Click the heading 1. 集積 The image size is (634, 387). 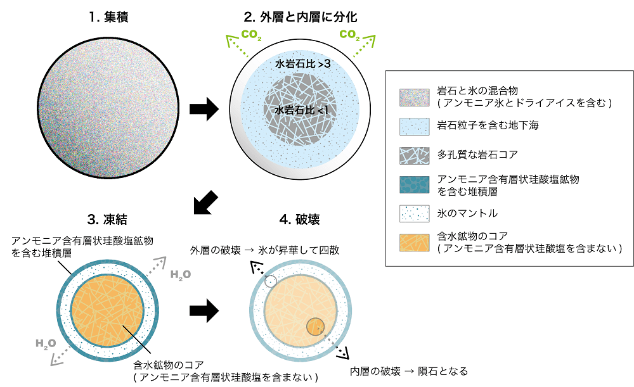tap(108, 17)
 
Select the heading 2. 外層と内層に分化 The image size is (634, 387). tap(300, 17)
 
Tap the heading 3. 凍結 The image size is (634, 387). tap(107, 219)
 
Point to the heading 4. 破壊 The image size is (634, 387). tap(300, 219)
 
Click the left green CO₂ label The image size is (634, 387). tap(251, 35)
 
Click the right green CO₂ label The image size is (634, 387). tap(349, 35)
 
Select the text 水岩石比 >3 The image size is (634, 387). tap(303, 64)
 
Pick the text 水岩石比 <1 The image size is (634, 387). tap(301, 110)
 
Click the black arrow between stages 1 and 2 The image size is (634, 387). tap(204, 109)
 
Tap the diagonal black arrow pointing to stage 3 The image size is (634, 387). tap(206, 202)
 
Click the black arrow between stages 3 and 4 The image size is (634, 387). tap(204, 310)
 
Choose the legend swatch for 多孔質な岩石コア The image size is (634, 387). tap(415, 156)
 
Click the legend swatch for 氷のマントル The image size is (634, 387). tap(415, 213)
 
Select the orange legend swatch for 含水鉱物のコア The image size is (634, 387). tap(415, 243)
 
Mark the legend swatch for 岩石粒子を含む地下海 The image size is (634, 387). tap(415, 127)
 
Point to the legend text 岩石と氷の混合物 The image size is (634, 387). tap(477, 91)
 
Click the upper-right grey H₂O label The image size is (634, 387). tap(180, 275)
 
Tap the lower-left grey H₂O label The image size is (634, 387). tap(46, 344)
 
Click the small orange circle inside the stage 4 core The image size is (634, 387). tap(315, 326)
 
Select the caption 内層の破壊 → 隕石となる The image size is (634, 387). tap(409, 371)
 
